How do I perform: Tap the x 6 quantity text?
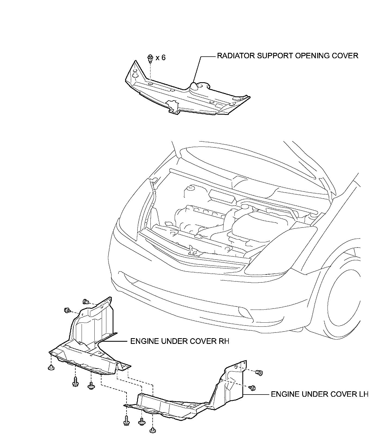coord(160,57)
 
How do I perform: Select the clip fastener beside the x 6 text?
coord(150,58)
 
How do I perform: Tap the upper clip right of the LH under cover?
coord(259,373)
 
